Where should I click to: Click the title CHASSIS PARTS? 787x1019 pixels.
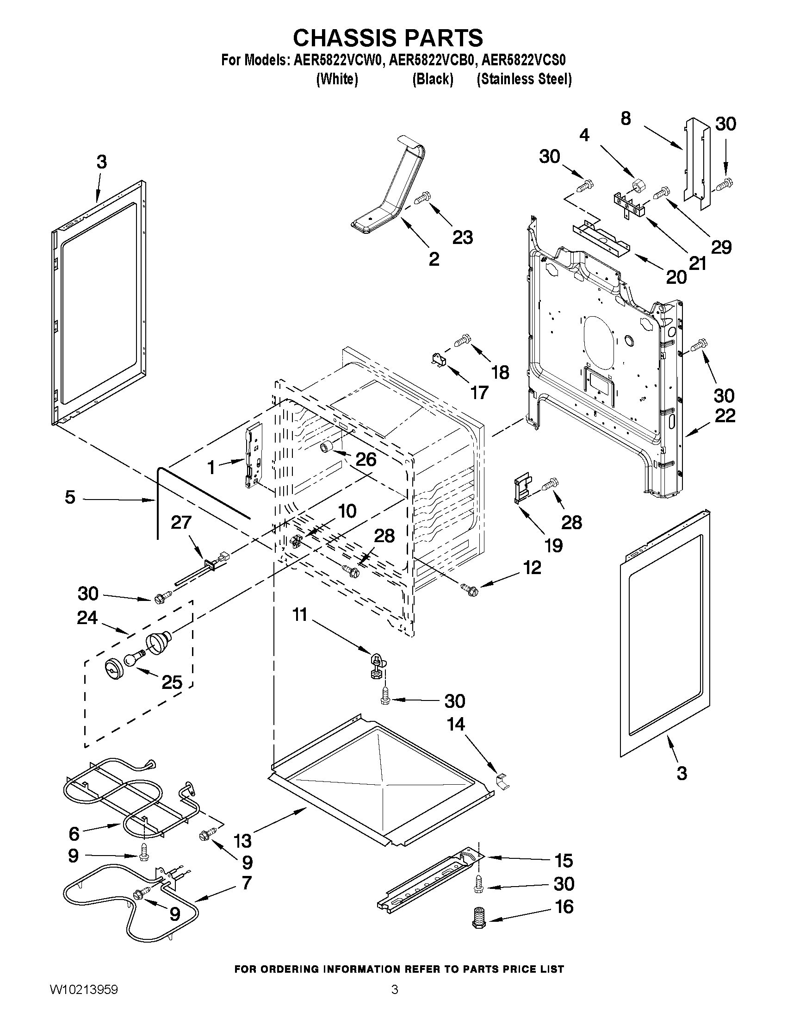[x=388, y=38]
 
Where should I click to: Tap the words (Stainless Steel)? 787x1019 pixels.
[x=524, y=79]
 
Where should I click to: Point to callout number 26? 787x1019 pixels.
[x=366, y=459]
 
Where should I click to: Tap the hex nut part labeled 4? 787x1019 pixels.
[x=638, y=186]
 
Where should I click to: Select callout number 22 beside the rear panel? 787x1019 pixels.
[x=725, y=415]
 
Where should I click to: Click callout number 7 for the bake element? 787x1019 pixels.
[x=246, y=882]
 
